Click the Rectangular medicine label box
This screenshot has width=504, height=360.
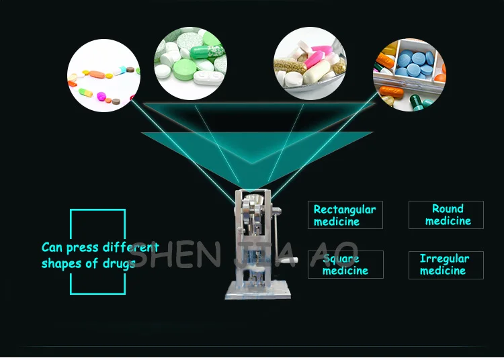point(345,215)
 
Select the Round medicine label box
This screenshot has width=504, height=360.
point(446,215)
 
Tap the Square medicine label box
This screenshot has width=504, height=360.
point(345,265)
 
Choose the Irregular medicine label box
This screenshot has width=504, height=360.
point(446,265)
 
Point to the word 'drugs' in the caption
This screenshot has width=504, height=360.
point(119,264)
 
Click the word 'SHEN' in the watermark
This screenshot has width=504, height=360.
point(175,255)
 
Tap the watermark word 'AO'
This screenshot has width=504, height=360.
point(335,255)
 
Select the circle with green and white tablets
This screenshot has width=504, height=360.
point(190,63)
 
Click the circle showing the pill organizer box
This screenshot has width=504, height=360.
point(409,75)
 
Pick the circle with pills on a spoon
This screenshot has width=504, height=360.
point(310,63)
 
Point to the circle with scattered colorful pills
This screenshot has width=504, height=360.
point(103,75)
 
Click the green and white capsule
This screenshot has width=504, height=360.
point(207,52)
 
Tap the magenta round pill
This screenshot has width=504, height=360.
point(101,95)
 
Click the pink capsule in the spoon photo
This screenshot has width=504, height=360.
point(314,59)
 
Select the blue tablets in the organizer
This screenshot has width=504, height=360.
point(415,63)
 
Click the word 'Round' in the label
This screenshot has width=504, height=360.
point(448,209)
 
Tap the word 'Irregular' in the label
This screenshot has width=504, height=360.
point(445,259)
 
